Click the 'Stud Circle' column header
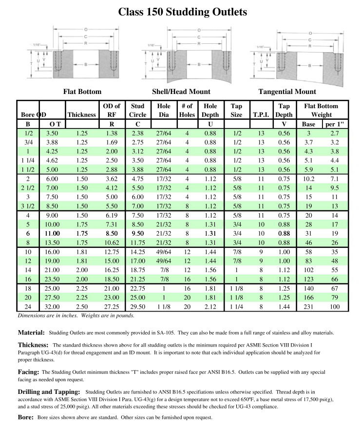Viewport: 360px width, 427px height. [138, 110]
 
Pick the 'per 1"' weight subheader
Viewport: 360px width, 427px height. [335, 124]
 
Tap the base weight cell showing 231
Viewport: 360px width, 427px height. [308, 307]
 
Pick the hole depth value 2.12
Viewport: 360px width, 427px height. [210, 307]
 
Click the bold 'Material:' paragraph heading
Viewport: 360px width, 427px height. [31, 333]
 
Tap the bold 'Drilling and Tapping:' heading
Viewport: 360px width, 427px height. [48, 392]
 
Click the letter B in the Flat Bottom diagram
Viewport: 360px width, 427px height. [86, 64]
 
